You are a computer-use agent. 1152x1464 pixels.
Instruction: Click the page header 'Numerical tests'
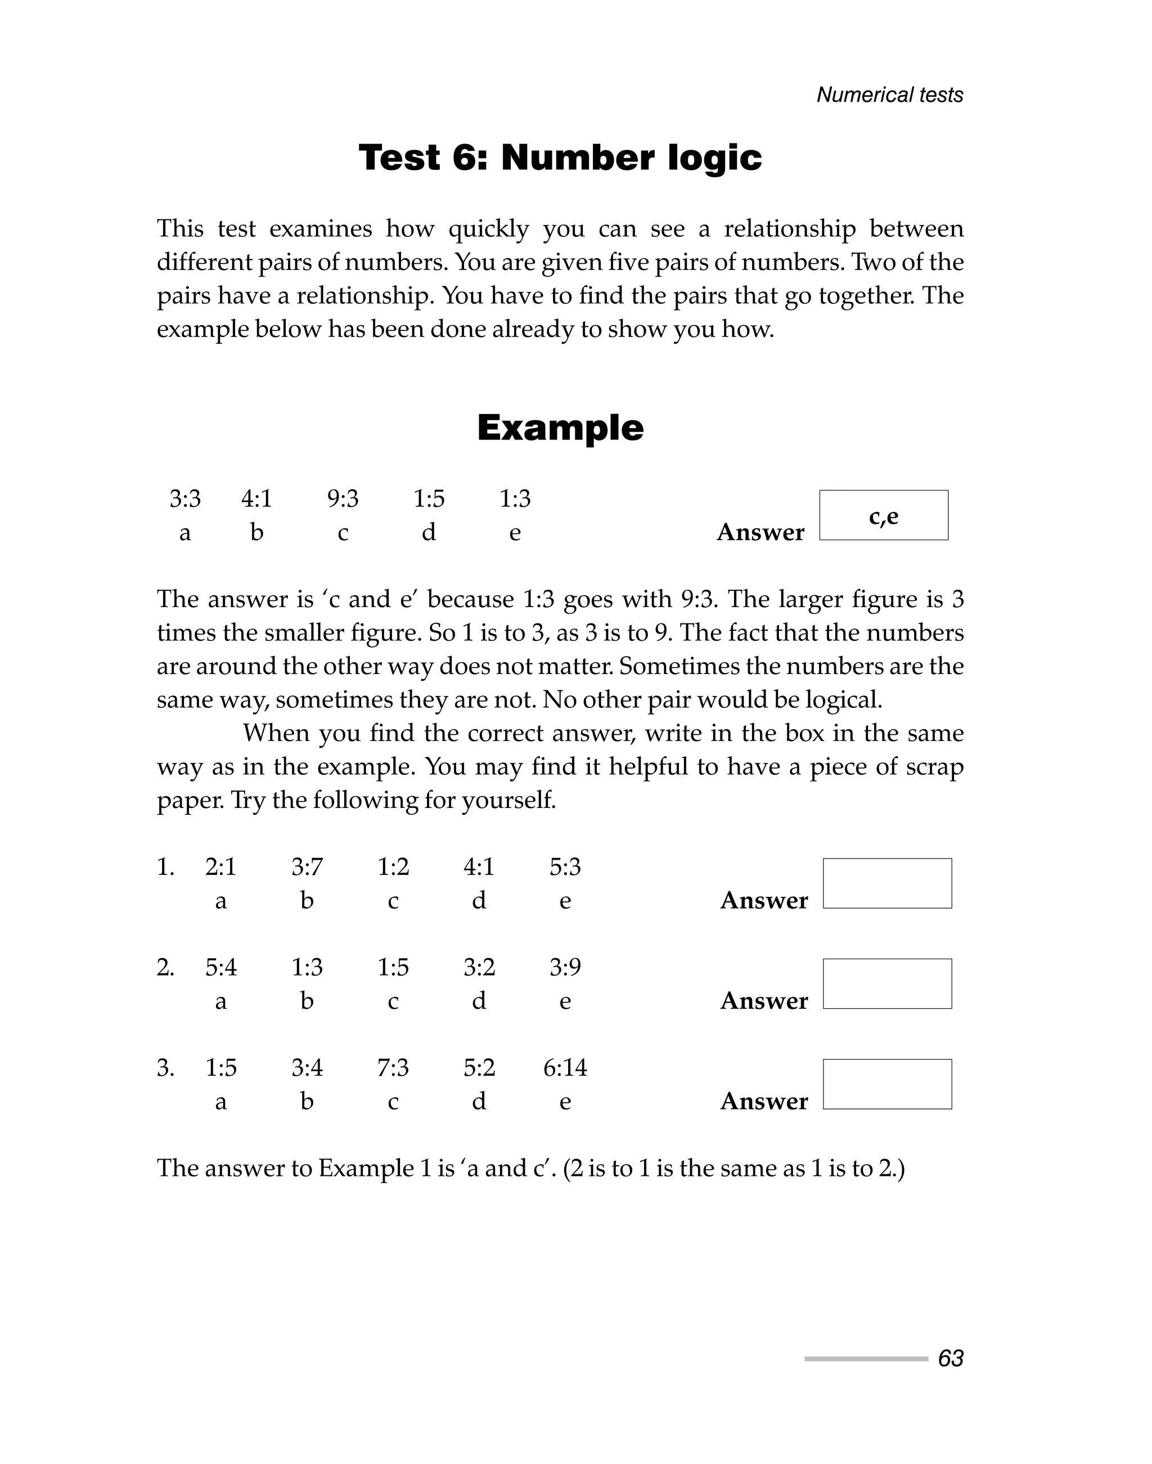890,95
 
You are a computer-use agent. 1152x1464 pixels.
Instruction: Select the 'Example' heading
560,428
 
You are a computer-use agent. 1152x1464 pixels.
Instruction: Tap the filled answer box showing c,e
884,515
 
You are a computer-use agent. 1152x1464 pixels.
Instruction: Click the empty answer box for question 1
887,883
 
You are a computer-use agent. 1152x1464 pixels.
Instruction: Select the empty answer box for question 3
887,1084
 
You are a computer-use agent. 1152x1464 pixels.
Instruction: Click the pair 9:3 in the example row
343,499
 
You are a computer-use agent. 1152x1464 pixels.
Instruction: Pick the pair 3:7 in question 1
307,867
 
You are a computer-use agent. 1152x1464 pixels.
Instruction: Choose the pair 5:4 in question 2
220,967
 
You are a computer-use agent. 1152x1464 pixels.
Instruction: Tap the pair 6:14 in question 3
565,1068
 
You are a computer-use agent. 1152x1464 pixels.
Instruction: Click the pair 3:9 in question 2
565,967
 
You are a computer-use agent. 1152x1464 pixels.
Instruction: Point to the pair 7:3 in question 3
393,1068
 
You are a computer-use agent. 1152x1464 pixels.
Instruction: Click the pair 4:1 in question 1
479,867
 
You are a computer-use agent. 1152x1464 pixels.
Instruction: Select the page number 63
950,1359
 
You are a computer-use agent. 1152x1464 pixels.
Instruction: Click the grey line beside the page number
866,1359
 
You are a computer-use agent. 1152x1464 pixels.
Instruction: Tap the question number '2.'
165,967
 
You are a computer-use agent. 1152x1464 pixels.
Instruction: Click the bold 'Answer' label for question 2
763,1001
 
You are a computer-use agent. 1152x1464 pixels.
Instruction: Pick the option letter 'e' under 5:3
565,901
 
